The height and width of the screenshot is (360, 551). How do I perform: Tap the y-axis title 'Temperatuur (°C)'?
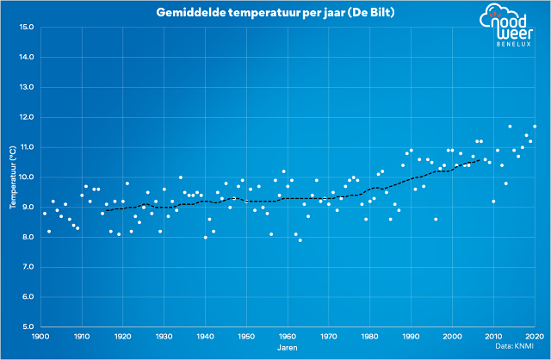click(x=12, y=177)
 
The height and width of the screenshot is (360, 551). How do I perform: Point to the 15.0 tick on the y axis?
click(x=26, y=27)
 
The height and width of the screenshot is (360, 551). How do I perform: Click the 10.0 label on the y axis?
click(x=26, y=177)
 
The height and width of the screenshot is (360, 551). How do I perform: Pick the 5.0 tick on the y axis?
click(x=27, y=327)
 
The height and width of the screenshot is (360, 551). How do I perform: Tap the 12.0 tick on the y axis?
click(x=26, y=117)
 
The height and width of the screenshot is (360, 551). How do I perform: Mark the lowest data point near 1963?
click(x=300, y=240)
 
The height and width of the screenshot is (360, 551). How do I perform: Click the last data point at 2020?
click(x=535, y=127)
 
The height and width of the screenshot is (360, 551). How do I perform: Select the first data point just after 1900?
click(x=45, y=213)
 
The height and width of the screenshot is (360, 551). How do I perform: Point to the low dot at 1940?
click(x=205, y=237)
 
